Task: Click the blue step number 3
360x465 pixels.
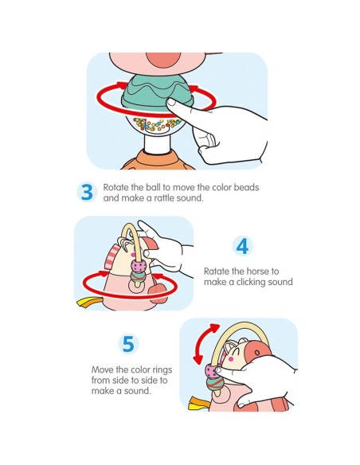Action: click(x=87, y=192)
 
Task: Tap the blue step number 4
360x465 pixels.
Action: click(x=243, y=246)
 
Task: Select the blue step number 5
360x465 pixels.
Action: click(x=128, y=344)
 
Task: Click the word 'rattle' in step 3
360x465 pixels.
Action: click(x=162, y=197)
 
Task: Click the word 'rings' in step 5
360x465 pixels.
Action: click(x=162, y=370)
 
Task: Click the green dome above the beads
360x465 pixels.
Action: click(x=157, y=91)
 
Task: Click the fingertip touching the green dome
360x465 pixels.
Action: click(x=171, y=102)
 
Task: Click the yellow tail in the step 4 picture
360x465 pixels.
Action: click(x=86, y=303)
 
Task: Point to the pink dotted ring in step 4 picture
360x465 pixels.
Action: click(x=139, y=265)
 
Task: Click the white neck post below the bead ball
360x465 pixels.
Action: click(x=157, y=144)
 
